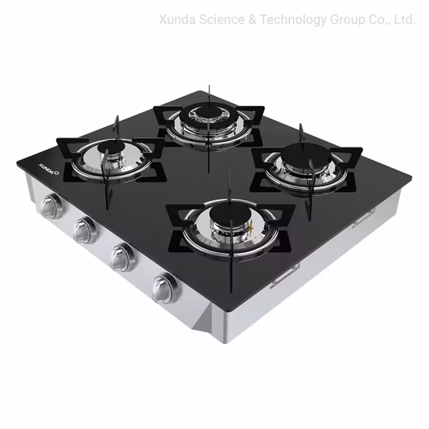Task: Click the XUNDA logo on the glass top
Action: [29, 169]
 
